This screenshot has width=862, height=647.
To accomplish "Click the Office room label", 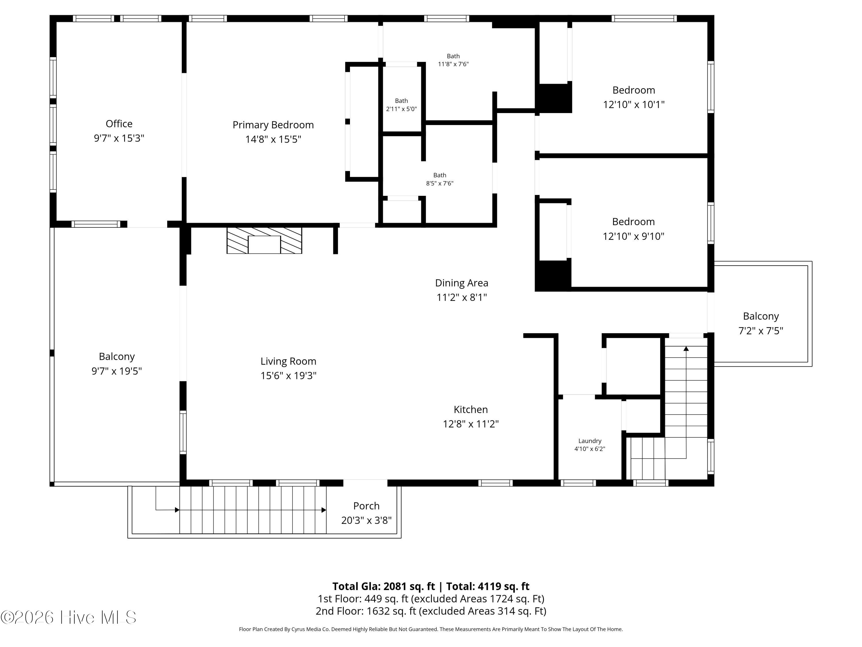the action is pos(119,124).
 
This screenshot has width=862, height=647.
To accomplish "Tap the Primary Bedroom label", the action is pos(273,125).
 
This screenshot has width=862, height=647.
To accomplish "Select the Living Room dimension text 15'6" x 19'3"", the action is pos(288,376).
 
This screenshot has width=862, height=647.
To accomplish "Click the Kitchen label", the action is pos(471,409).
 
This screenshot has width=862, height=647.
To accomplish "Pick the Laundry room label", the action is pos(590,441).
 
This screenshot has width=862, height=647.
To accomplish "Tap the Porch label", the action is pos(366,506).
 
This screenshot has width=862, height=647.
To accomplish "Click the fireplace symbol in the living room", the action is pos(264,241).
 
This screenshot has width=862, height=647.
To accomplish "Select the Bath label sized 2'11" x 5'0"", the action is pos(401,101).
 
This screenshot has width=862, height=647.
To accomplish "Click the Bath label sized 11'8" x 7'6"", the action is pos(453,56).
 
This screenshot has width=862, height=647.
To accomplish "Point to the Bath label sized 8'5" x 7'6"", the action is pos(440,175).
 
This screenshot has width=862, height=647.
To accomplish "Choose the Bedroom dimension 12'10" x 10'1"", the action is pos(634,104).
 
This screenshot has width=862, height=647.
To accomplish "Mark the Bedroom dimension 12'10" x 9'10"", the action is pos(633,236).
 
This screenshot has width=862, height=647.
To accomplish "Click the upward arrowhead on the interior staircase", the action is pos(686,349).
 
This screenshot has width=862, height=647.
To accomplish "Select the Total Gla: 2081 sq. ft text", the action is pos(384,586).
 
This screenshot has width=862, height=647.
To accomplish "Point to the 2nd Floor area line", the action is pos(431,611).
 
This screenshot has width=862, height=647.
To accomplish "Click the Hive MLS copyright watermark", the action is pos(69,617).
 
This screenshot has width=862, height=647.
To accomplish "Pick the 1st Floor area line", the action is pos(431,599).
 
